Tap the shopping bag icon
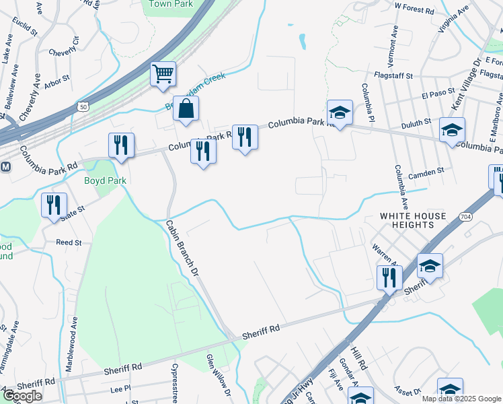[x=186, y=108]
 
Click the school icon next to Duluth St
[x=452, y=129]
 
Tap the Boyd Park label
[x=105, y=180]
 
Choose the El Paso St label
[x=434, y=96]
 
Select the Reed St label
[x=69, y=242]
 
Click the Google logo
[x=22, y=396]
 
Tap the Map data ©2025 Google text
[x=461, y=399]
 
